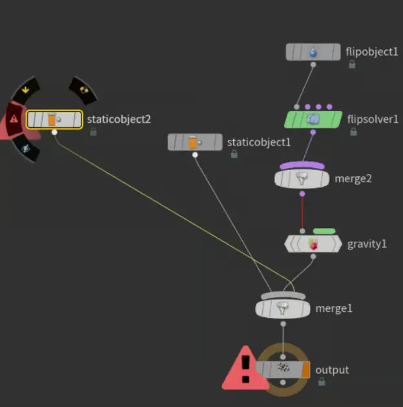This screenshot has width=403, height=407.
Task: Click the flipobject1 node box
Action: coord(313,52)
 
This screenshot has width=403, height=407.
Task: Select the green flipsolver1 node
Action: coord(314,119)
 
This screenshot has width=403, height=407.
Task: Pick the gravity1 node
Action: coord(313,244)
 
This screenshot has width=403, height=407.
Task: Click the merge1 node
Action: coord(283,308)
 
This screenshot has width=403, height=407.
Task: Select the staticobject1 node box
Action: coord(194,141)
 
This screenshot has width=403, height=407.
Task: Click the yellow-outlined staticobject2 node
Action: coord(54,119)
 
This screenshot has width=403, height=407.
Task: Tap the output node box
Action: coord(283,370)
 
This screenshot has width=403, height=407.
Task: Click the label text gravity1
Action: coord(367,244)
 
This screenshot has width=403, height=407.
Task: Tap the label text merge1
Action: coord(334,308)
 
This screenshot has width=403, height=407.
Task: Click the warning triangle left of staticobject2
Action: coord(13,119)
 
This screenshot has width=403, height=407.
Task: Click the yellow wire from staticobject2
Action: coord(168,207)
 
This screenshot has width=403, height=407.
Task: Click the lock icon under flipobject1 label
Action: coord(352,64)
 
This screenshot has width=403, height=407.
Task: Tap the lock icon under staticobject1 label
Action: coord(234,154)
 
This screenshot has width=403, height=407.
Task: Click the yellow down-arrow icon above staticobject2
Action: coord(25,90)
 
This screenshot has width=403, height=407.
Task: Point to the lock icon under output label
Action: coord(322,382)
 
